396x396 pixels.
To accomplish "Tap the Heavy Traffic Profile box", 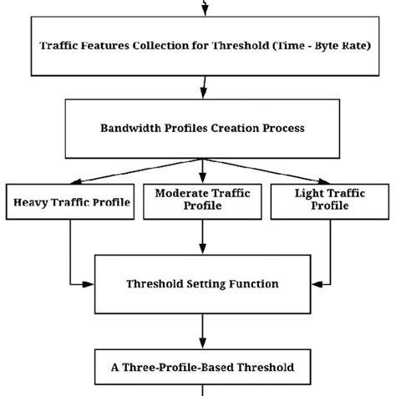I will click(x=70, y=202).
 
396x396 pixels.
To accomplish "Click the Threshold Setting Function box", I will click(x=201, y=283).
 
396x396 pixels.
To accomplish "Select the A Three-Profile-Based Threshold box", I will click(x=201, y=367).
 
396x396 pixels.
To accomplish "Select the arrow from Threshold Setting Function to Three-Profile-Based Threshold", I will click(x=201, y=329).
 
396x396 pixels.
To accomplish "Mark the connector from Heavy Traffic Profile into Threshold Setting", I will click(x=71, y=259).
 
